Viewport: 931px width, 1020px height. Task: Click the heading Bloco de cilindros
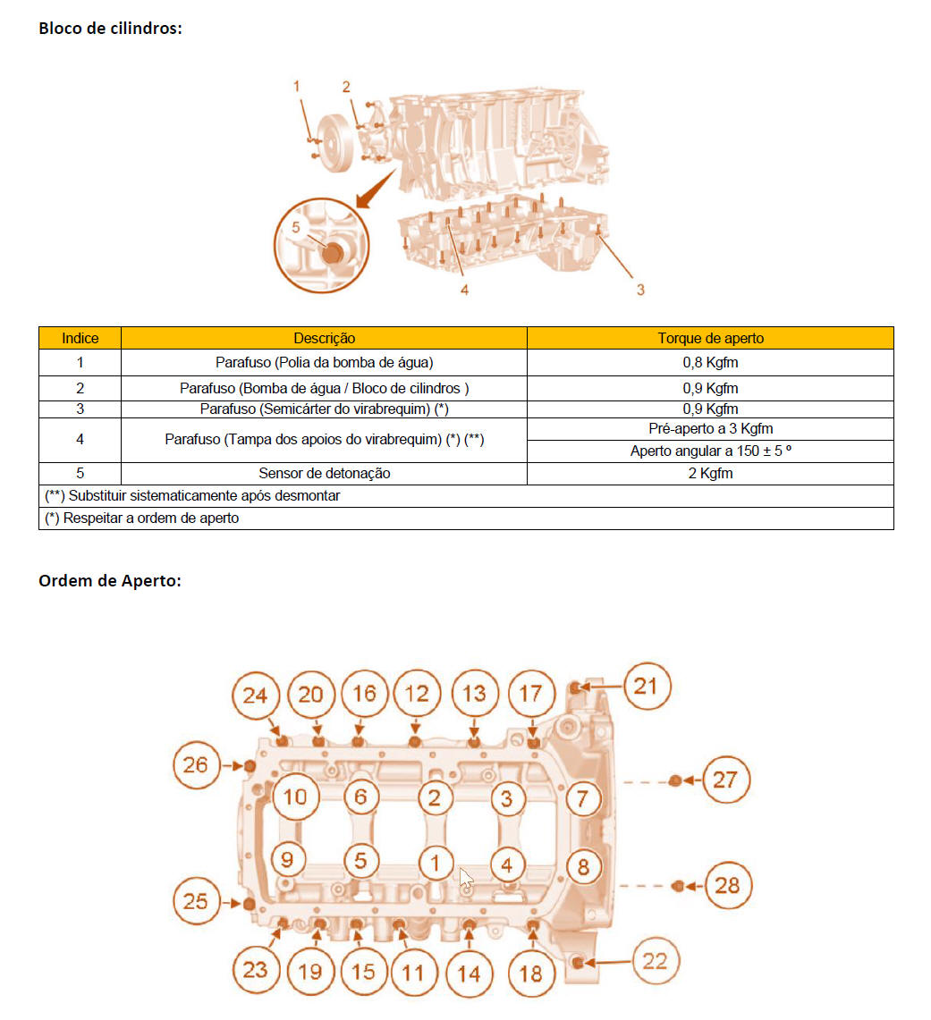coord(110,29)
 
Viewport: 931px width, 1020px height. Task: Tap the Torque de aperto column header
coord(710,338)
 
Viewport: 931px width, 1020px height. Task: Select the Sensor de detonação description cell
coord(324,474)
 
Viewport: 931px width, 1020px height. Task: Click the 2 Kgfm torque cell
coord(710,474)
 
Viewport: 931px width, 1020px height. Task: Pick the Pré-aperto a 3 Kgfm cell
coord(710,429)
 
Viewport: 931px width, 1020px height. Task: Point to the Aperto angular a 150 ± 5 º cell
coord(710,451)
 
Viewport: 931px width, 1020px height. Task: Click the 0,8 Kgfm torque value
coord(710,362)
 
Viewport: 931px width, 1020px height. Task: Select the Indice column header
coord(80,338)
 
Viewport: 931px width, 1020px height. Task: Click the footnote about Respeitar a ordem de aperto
coord(142,518)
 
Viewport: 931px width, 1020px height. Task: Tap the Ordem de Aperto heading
coord(109,580)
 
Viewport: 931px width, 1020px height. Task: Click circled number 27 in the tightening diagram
coord(725,780)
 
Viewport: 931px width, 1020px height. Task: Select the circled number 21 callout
coord(646,687)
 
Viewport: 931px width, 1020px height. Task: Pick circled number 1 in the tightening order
coord(435,864)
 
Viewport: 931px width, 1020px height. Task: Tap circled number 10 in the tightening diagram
coord(295,797)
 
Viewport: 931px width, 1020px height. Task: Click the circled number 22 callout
coord(656,961)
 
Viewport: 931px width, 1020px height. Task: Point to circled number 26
coord(196,765)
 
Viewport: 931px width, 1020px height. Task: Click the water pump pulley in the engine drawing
coord(335,143)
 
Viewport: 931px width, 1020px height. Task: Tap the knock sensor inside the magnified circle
coord(333,252)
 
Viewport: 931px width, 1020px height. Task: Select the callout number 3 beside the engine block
coord(640,291)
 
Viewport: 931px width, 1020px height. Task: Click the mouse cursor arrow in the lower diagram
coord(466,879)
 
